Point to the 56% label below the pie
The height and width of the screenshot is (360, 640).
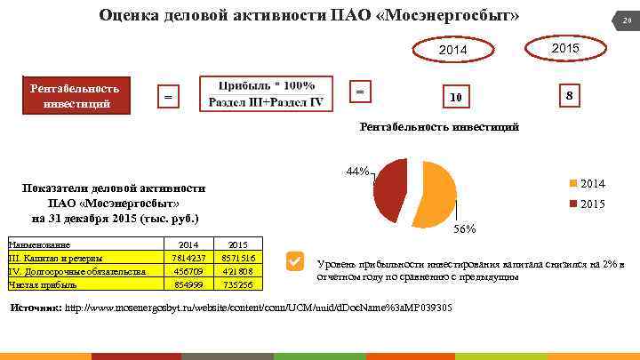[x=464, y=229]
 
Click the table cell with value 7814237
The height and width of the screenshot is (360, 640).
[x=188, y=258]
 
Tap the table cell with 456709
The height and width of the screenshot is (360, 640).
[x=188, y=271]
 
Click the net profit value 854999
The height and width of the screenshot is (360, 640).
[x=188, y=284]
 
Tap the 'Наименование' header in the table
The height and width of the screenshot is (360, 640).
[x=39, y=244]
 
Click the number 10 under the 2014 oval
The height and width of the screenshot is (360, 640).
[x=454, y=96]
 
